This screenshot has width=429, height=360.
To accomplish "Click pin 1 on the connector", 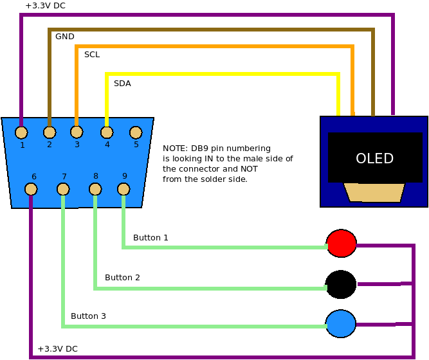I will pos(21,132).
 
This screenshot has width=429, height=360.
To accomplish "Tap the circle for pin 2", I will pos(50,132).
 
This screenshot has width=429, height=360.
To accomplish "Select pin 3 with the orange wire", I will pos(77,132).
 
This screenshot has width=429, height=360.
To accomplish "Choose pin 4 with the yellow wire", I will pos(107,132).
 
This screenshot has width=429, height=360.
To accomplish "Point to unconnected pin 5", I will pos(136,132).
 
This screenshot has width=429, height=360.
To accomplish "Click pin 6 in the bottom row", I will pos(31,189).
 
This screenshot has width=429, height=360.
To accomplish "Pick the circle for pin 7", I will pos(63,189).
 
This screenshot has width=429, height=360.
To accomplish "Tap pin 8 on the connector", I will pos(95,189).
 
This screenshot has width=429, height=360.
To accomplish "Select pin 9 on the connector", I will pos(123,189).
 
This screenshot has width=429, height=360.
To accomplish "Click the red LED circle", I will pos(342,244).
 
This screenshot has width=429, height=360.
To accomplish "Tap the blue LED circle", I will pos(341,323).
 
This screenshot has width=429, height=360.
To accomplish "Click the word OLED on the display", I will pos(374,159).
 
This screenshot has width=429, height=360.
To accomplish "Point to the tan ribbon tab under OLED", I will pos(374,192).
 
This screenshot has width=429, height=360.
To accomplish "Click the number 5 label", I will pos(136,145).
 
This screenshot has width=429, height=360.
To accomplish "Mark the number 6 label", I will pos(33,177).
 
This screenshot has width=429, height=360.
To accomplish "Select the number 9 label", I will pos(124,176).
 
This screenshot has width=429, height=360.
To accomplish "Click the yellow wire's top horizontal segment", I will pos(222,74).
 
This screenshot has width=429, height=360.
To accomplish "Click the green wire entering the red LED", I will pos(225,247).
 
